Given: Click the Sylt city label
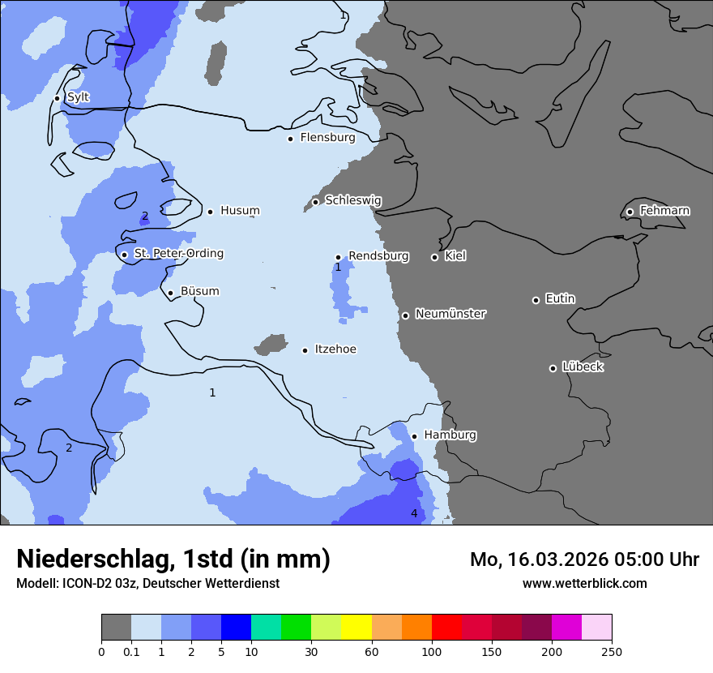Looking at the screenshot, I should pyautogui.click(x=78, y=97).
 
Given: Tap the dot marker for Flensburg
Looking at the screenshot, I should pyautogui.click(x=290, y=139).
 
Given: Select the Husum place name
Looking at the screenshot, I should pyautogui.click(x=240, y=211).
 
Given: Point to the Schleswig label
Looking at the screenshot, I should pyautogui.click(x=352, y=200).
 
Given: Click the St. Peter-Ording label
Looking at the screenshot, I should pyautogui.click(x=178, y=254).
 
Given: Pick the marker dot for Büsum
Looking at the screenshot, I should pyautogui.click(x=170, y=294).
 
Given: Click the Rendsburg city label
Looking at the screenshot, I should pyautogui.click(x=378, y=256).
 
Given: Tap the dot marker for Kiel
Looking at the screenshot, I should pyautogui.click(x=434, y=257).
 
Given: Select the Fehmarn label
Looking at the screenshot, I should pyautogui.click(x=664, y=211).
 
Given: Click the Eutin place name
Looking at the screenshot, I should pyautogui.click(x=560, y=299).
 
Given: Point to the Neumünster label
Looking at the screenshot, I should pyautogui.click(x=450, y=314).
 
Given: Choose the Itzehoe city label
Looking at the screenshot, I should pyautogui.click(x=335, y=349).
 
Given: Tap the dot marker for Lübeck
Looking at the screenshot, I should pyautogui.click(x=553, y=368).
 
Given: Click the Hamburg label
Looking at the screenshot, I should pyautogui.click(x=450, y=435).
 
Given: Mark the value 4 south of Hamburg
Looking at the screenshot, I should pyautogui.click(x=414, y=513).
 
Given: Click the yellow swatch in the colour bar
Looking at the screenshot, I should pyautogui.click(x=356, y=628).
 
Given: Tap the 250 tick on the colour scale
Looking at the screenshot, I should pyautogui.click(x=612, y=651).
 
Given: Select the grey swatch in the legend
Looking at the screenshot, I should pyautogui.click(x=116, y=628).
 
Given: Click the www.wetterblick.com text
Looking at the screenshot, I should pyautogui.click(x=584, y=584).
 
